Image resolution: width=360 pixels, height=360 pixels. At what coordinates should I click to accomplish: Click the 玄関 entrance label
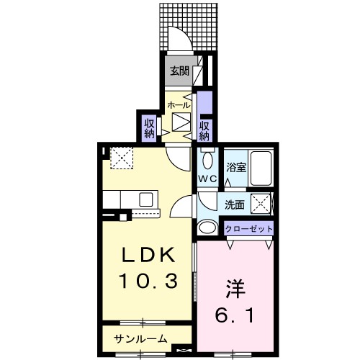click(179, 71)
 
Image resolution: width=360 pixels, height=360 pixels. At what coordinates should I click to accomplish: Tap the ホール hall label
click(179, 105)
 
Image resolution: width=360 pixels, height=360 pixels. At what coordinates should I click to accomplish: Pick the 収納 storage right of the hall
click(204, 131)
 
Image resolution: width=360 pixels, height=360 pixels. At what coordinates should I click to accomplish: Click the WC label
click(207, 179)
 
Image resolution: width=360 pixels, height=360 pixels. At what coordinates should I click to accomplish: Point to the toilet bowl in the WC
click(207, 161)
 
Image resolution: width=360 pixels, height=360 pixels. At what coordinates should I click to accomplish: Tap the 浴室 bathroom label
click(236, 168)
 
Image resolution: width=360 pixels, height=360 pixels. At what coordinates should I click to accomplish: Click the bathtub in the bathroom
click(261, 168)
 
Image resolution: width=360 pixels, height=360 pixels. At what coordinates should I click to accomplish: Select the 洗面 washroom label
click(235, 204)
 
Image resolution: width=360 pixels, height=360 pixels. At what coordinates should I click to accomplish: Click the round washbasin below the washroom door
click(207, 227)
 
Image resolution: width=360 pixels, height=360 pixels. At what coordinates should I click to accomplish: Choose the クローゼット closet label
click(249, 229)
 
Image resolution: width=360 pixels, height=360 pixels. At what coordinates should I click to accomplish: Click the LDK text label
click(148, 255)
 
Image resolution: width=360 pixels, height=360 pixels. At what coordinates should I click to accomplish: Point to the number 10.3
click(148, 281)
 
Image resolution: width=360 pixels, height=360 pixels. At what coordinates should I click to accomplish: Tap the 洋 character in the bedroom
click(235, 289)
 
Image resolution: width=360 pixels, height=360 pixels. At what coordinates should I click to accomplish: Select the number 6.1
click(234, 315)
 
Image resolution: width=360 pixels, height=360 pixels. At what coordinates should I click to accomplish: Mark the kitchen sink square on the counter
click(146, 199)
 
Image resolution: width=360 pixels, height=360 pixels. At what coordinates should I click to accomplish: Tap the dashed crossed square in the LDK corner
click(122, 158)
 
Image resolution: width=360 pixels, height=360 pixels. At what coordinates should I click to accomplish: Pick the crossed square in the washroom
click(261, 204)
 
